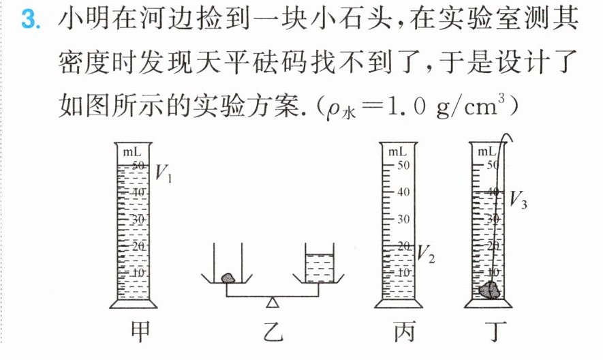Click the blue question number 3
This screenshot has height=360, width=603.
pos(31,20)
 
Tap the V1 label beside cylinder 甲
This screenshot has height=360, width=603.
pos(163,173)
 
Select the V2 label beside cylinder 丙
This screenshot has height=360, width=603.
pos(426,254)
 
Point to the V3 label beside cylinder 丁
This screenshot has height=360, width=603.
pos(518,200)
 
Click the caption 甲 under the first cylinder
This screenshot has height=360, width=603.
pos(140,331)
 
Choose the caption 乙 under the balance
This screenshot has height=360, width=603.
pos(273,332)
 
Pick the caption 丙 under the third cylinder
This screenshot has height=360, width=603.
pos(405,332)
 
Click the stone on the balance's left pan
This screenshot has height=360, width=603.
pos(228,278)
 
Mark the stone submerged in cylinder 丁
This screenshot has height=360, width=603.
pos(489,290)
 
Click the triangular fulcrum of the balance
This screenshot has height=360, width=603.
pos(273,302)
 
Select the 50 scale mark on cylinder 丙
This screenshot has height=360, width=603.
pos(403,165)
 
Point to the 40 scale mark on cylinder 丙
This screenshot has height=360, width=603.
pos(403,192)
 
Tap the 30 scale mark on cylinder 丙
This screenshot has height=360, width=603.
pos(403,219)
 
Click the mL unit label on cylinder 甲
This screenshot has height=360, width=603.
pos(132,152)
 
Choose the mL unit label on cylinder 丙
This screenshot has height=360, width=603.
pos(397,151)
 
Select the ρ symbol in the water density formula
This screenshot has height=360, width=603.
pos(333,109)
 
